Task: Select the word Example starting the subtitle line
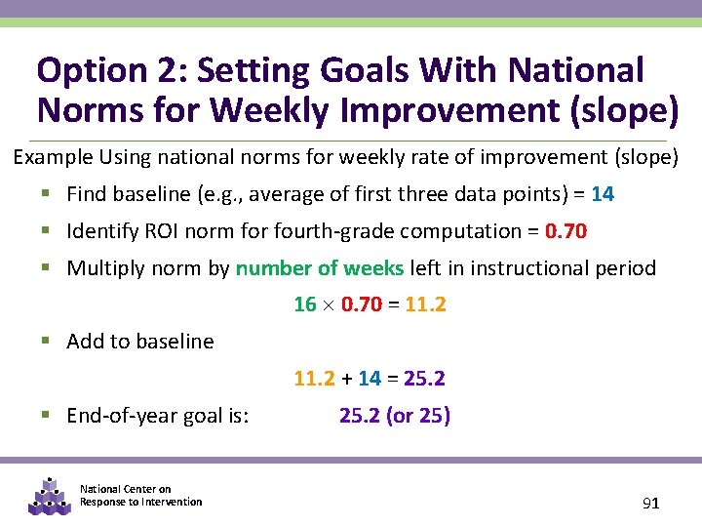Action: (49, 157)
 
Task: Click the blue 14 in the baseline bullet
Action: (603, 194)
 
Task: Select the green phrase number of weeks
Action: (320, 268)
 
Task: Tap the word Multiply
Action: (102, 268)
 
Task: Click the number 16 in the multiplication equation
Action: (305, 304)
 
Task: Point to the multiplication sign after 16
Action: (329, 305)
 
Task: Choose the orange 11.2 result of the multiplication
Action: (425, 304)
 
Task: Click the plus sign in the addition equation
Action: (346, 379)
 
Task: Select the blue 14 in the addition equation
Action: (370, 379)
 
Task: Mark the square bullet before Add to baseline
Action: (48, 342)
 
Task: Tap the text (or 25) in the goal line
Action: (418, 416)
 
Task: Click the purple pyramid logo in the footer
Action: (49, 496)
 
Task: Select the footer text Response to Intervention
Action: (141, 502)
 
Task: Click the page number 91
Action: (651, 504)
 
